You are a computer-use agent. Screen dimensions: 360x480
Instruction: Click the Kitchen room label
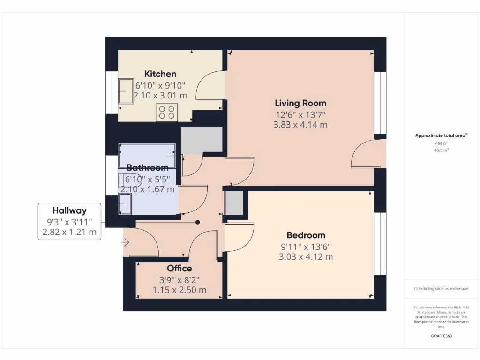[x=160, y=74]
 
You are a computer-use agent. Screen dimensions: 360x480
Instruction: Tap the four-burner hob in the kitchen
[x=166, y=112]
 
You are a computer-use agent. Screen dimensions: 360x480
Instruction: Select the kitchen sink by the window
[x=125, y=90]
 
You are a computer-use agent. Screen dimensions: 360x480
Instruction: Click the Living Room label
[x=300, y=103]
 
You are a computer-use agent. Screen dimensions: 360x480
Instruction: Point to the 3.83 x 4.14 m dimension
[x=300, y=125]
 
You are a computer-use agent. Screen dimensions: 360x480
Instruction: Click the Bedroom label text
[x=306, y=235]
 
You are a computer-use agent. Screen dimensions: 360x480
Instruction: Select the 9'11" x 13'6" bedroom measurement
[x=306, y=247]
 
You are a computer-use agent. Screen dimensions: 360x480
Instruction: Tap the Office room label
[x=179, y=269]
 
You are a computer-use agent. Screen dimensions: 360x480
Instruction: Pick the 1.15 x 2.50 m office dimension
[x=179, y=290]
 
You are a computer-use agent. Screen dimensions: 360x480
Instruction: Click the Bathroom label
[x=147, y=168]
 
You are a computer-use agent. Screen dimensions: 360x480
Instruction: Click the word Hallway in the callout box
[x=69, y=211]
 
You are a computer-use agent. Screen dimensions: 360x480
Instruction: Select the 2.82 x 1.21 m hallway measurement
[x=69, y=232]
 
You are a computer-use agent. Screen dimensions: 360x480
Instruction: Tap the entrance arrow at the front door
[x=125, y=242]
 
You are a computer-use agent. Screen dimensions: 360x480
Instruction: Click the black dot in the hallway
[x=198, y=222]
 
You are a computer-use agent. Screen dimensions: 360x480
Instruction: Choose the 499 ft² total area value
[x=441, y=144]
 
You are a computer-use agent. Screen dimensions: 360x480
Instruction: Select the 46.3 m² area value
[x=441, y=150]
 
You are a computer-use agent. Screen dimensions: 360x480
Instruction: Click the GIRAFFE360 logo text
[x=441, y=336]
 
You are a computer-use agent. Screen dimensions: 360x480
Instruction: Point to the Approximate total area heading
[x=441, y=135]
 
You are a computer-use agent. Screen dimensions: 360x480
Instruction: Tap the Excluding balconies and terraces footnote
[x=441, y=289]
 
